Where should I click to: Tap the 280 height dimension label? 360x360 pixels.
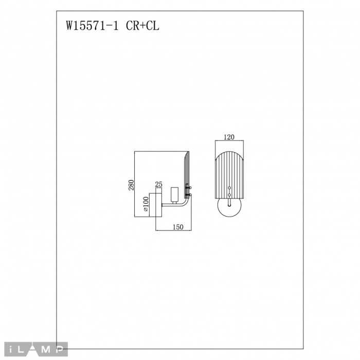[x=132, y=184]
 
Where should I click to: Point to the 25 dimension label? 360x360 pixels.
[x=159, y=184]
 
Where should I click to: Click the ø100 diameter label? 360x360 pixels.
[x=146, y=205]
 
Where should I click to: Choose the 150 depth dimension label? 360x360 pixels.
[x=177, y=227]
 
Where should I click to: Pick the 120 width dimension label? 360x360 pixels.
[x=229, y=138]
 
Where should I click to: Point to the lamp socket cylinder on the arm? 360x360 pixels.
[x=174, y=194]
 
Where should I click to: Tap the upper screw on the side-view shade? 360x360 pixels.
[x=191, y=188]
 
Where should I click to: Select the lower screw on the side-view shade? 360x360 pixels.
[x=191, y=195]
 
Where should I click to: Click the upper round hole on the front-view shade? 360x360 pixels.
[x=229, y=188]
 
